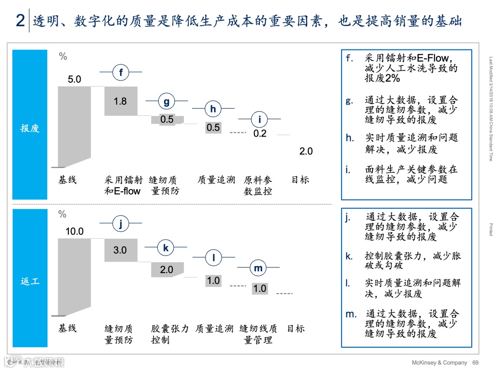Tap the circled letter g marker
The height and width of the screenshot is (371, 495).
pyautogui.click(x=166, y=101)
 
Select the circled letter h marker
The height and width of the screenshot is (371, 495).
pyautogui.click(x=213, y=109)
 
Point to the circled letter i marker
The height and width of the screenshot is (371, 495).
pyautogui.click(x=259, y=120)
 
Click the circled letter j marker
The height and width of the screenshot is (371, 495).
pyautogui.click(x=121, y=224)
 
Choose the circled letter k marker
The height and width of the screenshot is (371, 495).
pyautogui.click(x=166, y=248)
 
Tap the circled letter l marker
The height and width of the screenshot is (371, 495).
pyautogui.click(x=213, y=257)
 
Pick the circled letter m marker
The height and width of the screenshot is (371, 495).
pyautogui.click(x=258, y=268)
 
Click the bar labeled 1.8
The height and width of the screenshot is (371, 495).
pyautogui.click(x=121, y=101)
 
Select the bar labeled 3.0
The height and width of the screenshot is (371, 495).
pyautogui.click(x=121, y=250)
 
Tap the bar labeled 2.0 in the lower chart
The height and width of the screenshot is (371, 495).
pyautogui.click(x=167, y=269)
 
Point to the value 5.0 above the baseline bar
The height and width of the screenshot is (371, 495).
pyautogui.click(x=74, y=79)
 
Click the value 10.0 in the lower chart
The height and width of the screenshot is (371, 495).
pyautogui.click(x=74, y=231)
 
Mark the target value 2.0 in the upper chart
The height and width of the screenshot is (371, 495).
pyautogui.click(x=306, y=151)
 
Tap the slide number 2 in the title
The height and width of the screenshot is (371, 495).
pyautogui.click(x=20, y=21)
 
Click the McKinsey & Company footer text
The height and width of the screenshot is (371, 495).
pyautogui.click(x=440, y=362)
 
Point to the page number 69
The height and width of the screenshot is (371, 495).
pyautogui.click(x=475, y=362)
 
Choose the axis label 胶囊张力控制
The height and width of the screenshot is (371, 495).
pyautogui.click(x=170, y=334)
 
